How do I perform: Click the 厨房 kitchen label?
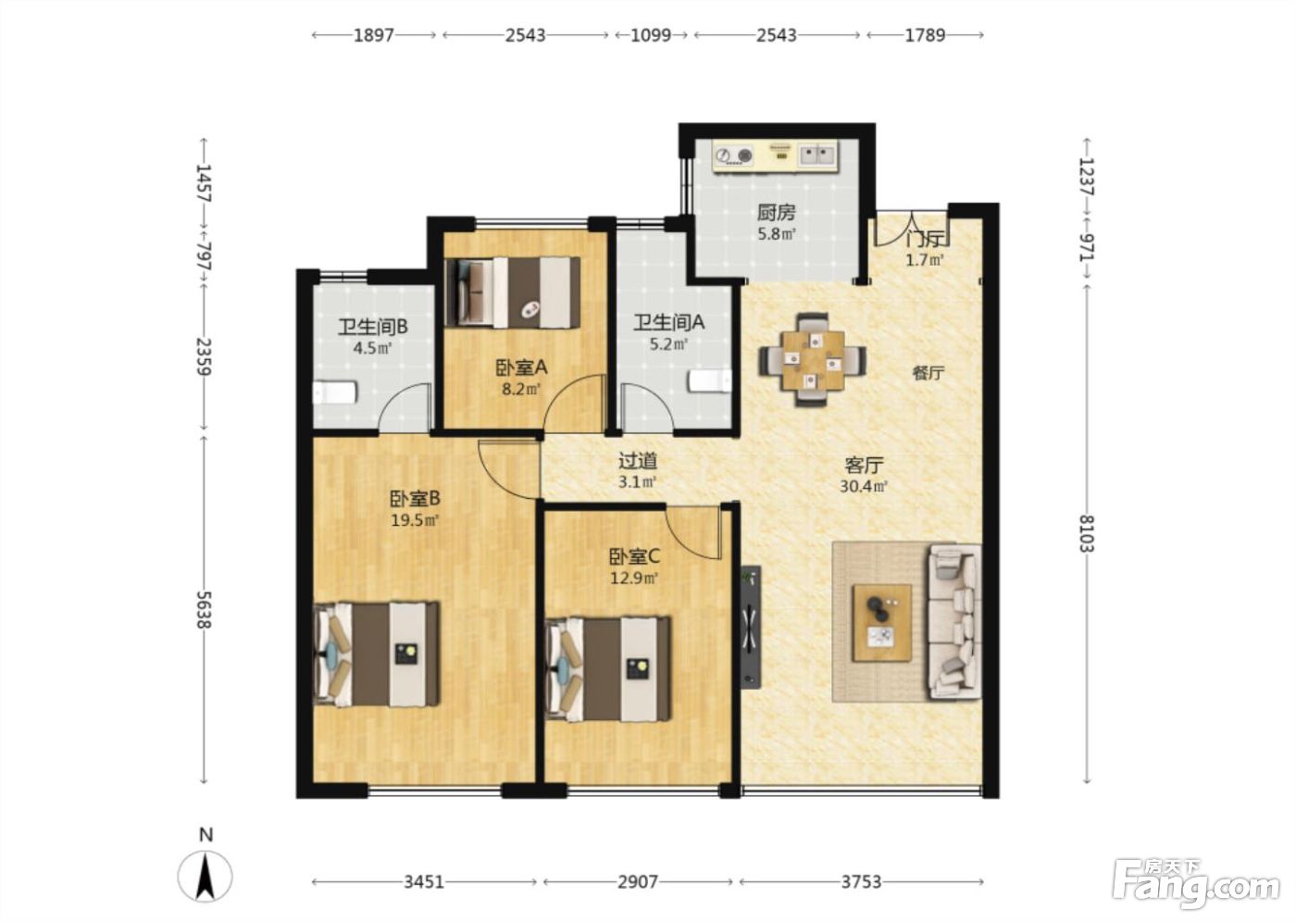coord(776,213)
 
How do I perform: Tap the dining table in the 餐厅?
coord(813,360)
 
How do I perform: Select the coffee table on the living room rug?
coord(882,623)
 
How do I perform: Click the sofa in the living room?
coord(954,622)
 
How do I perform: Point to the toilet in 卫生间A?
coord(710,381)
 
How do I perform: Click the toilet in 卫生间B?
coord(335,392)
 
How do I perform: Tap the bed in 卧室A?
coord(513,293)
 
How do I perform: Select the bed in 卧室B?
coord(377,654)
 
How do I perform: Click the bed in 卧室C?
coord(609,669)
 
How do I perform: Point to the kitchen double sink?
coord(816,155)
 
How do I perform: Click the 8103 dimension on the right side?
coord(1087,532)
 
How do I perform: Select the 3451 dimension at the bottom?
coord(424,881)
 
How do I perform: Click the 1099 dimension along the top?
coord(651,35)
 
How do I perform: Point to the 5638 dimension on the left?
coord(204,609)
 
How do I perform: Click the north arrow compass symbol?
coord(205,876)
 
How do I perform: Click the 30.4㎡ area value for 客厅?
coord(863,486)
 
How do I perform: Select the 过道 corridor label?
coord(638,460)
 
